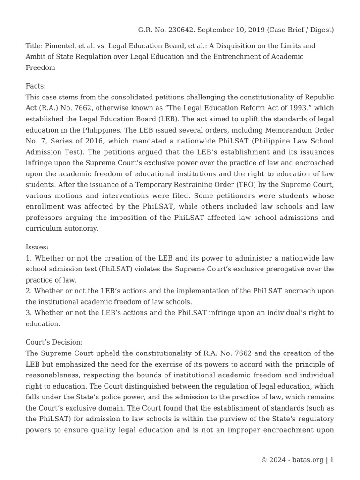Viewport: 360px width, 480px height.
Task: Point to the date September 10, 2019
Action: tap(231, 30)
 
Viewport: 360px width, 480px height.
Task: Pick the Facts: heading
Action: tap(36, 86)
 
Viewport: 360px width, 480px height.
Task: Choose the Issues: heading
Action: tap(37, 247)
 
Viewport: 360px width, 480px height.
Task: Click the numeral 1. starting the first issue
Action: tap(29, 258)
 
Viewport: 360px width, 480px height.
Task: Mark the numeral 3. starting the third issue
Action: tap(29, 312)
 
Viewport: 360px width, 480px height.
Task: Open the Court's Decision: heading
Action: tap(54, 343)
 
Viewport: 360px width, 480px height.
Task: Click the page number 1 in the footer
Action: tap(332, 460)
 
